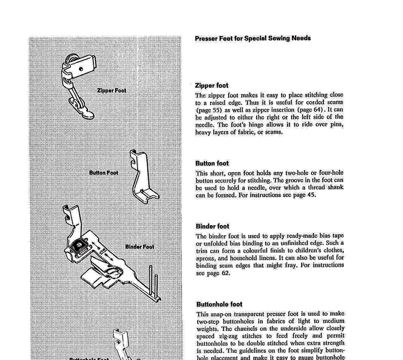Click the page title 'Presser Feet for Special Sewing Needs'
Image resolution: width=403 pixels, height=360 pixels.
[252, 38]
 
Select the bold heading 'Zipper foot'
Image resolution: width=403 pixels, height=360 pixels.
[212, 85]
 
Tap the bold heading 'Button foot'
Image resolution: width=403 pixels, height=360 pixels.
[212, 163]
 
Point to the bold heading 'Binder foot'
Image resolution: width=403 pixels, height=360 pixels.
[212, 226]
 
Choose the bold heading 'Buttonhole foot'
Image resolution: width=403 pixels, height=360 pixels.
[219, 304]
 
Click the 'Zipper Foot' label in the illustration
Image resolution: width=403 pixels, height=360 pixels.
[111, 90]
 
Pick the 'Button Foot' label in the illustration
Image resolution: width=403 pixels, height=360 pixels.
[104, 173]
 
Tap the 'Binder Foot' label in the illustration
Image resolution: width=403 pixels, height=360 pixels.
[140, 247]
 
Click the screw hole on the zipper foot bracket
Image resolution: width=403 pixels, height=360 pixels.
[81, 69]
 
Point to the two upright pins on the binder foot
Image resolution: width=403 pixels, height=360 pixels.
[153, 283]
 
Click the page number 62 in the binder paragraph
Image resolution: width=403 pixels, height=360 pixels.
[225, 273]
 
